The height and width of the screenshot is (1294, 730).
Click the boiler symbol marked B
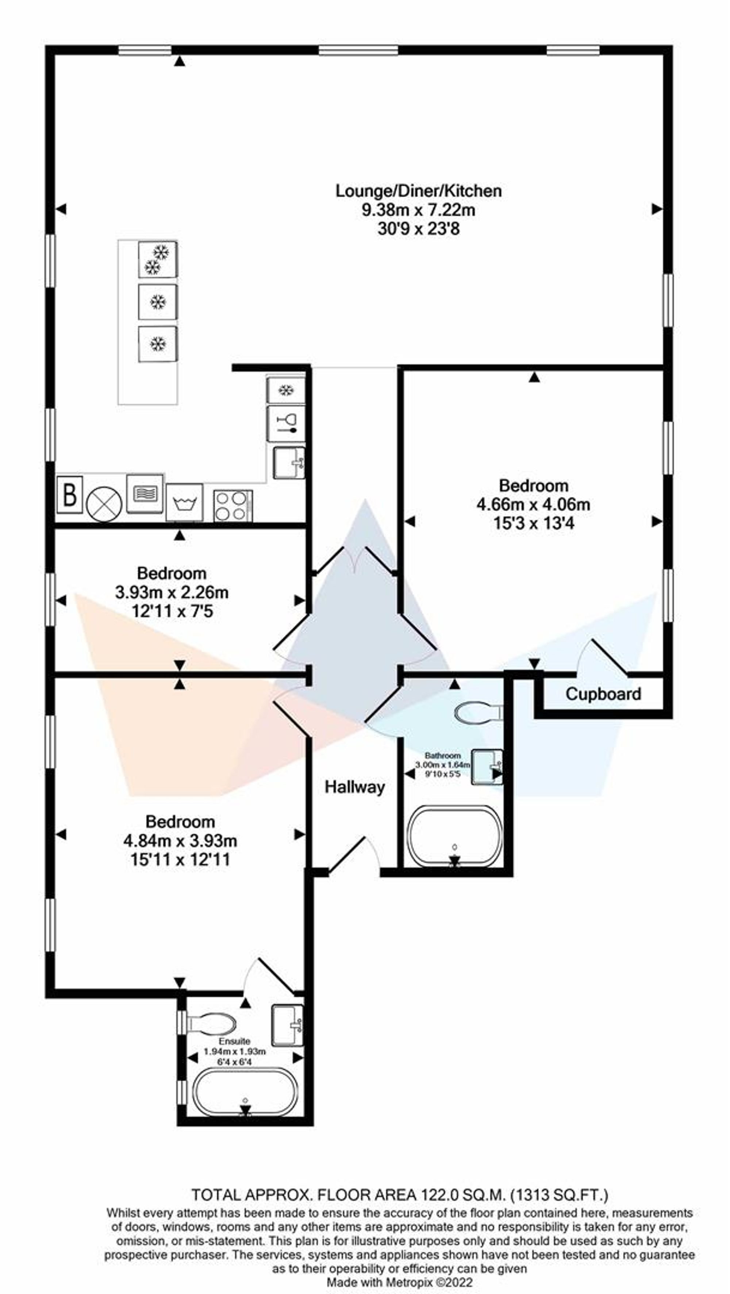pos(70,494)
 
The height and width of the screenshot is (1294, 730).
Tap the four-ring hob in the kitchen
pos(233,505)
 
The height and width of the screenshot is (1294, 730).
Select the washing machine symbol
pos(185,502)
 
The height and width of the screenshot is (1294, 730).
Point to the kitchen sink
pos(289,463)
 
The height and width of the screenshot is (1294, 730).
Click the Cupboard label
pos(603,694)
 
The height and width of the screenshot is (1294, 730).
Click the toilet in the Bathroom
pos(478,712)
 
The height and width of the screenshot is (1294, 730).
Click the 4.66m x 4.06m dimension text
pos(533,504)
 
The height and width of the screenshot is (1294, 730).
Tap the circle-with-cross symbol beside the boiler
pos(104,504)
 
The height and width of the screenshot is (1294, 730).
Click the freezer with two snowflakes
pos(157,259)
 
